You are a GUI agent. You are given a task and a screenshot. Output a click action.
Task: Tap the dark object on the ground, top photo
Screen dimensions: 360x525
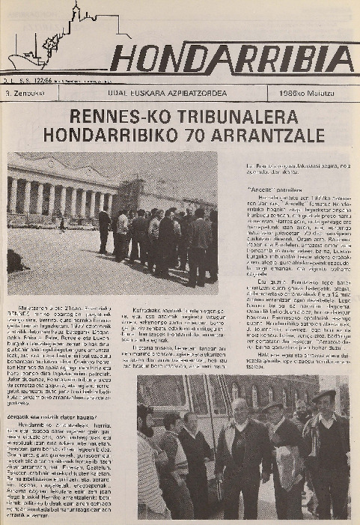pos(16,260)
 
